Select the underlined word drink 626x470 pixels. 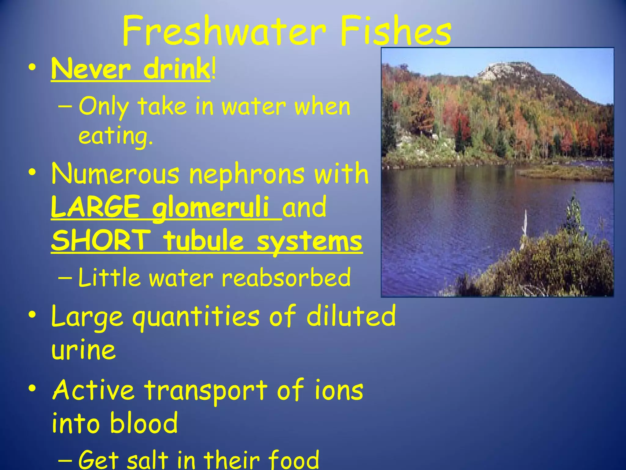click(176, 69)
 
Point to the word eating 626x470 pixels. click(116, 136)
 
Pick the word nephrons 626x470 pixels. click(247, 174)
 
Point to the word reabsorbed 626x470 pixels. click(286, 278)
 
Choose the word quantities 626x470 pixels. click(196, 317)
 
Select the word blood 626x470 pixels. click(144, 423)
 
